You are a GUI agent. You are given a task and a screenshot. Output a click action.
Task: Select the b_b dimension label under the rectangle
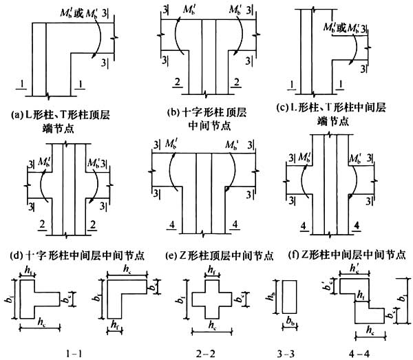pyautogui.click(x=290, y=322)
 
